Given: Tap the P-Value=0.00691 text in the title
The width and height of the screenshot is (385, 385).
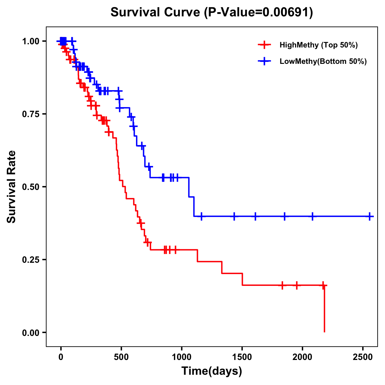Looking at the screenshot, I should click(259, 13).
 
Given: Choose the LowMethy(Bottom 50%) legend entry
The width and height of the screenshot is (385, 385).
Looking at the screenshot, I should click(323, 62).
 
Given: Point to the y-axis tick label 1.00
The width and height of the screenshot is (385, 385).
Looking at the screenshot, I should click(31, 41).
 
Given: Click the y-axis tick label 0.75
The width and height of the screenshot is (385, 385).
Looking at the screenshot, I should click(31, 114).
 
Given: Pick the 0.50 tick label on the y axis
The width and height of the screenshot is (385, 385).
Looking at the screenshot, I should click(31, 187).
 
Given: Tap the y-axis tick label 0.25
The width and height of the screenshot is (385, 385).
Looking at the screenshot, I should click(31, 260).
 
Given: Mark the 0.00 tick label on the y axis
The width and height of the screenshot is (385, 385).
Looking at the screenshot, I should click(31, 333).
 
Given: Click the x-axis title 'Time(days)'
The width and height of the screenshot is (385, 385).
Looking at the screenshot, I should click(212, 371).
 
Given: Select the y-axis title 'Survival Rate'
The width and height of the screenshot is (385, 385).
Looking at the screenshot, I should click(12, 187).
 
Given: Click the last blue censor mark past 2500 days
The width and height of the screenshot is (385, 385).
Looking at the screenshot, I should click(370, 216).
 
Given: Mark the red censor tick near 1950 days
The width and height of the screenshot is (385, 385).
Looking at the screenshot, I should click(297, 285).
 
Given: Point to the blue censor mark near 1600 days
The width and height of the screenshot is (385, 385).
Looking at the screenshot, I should click(255, 216).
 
